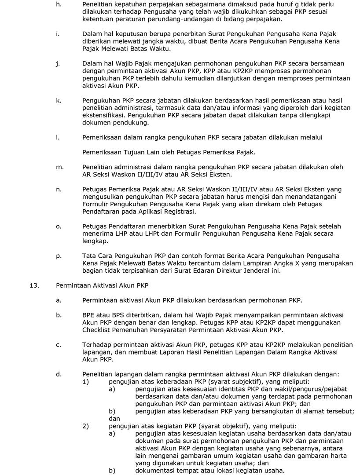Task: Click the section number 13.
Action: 32,285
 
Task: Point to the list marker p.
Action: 59,255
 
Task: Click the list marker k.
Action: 59,100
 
